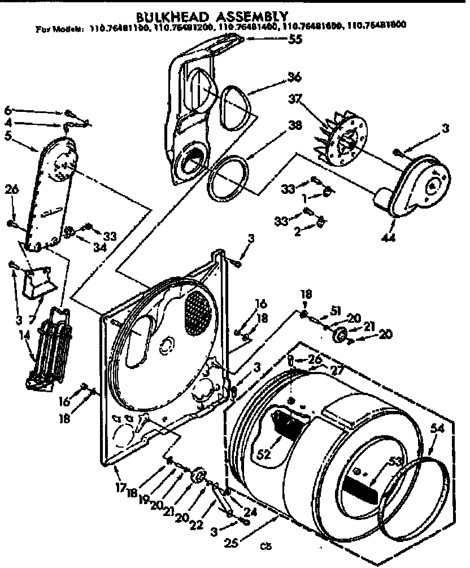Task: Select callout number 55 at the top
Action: (x=295, y=40)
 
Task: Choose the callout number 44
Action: (x=389, y=239)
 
